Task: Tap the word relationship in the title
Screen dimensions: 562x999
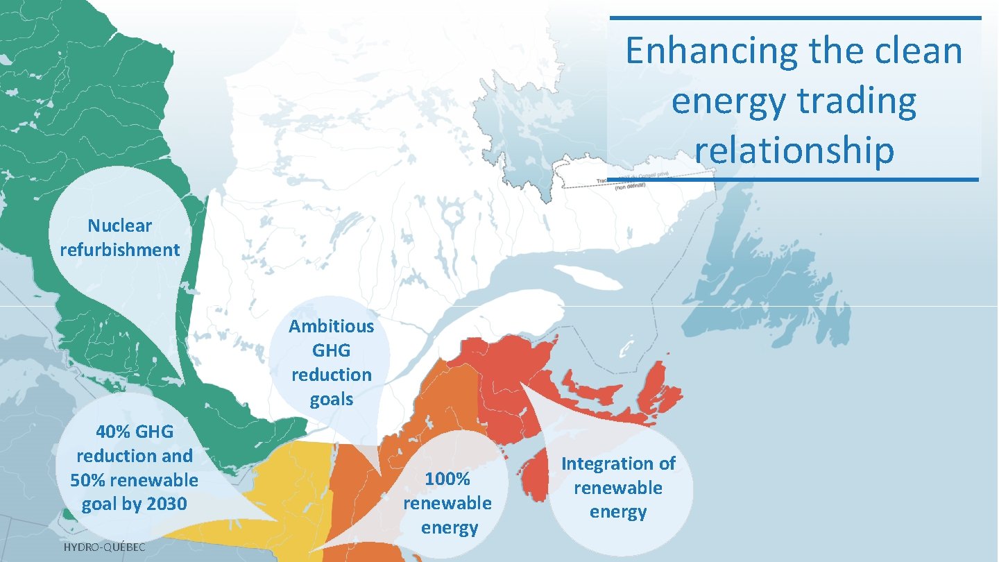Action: point(794,151)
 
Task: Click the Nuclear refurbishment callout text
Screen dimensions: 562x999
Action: point(119,238)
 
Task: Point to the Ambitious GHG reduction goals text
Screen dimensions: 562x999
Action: point(331,362)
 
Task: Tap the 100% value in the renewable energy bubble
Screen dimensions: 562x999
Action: point(447,479)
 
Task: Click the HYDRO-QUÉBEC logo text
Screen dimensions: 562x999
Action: point(105,548)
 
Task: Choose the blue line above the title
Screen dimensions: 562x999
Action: point(795,18)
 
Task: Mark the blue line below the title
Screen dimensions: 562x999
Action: point(795,179)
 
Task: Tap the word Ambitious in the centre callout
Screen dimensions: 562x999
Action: point(331,326)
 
